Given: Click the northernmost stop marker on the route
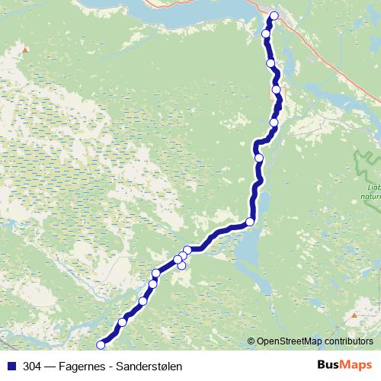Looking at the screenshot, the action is [274, 16].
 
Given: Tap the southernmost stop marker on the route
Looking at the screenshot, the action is [101, 345].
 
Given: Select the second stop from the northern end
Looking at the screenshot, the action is [266, 34].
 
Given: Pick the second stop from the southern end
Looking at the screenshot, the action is [123, 322].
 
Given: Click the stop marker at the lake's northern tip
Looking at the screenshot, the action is [250, 222].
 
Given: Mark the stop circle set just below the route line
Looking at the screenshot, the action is [181, 265].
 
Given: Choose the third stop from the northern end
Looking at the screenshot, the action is [271, 62].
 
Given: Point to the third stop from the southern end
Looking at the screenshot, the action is [142, 301].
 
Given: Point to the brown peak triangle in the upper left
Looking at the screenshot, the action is [25, 50].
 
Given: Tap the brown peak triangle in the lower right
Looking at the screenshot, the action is [354, 314].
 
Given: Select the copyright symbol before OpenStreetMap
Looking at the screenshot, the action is [251, 341].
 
